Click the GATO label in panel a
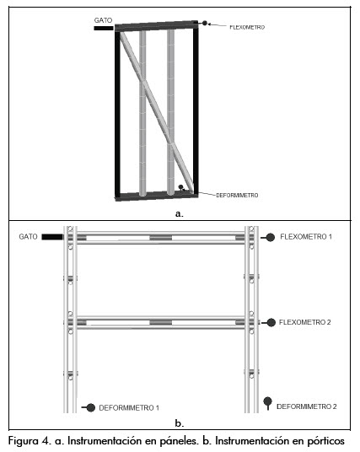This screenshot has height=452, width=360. click(103, 20)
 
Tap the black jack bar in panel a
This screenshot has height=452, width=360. click(104, 29)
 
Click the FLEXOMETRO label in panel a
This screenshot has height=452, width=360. click(247, 27)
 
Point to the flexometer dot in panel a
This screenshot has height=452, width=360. click(205, 23)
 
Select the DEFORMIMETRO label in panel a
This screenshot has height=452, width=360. click(237, 195)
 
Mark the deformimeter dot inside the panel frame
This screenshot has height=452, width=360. click(180, 187)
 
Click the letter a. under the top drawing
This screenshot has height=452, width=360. click(179, 213)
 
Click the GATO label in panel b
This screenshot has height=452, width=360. click(28, 237)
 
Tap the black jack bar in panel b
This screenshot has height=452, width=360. click(52, 237)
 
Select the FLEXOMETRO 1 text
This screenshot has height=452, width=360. click(306, 237)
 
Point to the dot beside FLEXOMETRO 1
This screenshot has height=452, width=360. click(271, 237)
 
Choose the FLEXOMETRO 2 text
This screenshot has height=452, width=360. click(305, 322)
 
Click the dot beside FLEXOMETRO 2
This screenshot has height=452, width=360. click(271, 323)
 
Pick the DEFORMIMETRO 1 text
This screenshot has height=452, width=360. click(129, 408)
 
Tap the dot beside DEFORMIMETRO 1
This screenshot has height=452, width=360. click(91, 407)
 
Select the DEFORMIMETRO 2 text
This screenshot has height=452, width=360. click(307, 406)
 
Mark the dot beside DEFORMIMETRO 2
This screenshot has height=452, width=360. click(268, 401)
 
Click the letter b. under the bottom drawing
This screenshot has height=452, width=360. click(180, 423)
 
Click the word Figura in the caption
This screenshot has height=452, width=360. click(23, 441)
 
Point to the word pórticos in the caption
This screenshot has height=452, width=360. click(326, 441)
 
